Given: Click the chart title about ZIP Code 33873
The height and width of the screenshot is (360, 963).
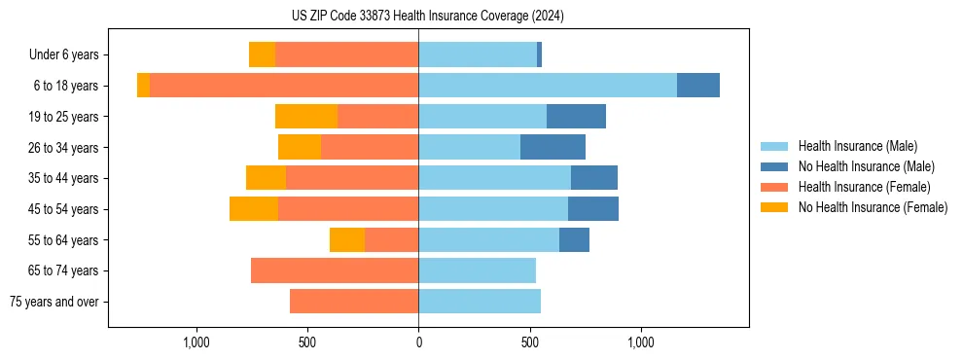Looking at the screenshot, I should pos(427,17).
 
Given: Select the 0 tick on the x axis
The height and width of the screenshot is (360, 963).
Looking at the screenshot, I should pos(418,342).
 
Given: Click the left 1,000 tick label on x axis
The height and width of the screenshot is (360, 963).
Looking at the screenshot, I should pos(196,342).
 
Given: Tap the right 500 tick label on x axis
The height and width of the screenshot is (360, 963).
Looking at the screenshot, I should pos(530,342).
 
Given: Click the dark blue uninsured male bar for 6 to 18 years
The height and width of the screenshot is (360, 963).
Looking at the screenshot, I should pos(697,86).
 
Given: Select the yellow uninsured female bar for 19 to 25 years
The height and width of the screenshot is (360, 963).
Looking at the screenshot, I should pos(306,117).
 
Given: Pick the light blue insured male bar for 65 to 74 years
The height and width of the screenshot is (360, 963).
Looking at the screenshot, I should pos(477,270).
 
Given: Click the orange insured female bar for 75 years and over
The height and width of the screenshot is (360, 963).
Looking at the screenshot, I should pos(354,302).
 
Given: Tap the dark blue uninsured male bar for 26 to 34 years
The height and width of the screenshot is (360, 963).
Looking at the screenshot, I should pos(553,147).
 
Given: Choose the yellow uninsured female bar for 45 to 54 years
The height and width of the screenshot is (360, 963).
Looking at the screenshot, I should pos(254,209).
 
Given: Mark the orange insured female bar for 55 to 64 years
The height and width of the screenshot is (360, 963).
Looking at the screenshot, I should pos(391,239).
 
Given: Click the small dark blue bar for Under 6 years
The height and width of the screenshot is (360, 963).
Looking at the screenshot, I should pos(539,54).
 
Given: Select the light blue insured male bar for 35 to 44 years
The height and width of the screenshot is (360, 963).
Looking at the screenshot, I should pos(494,178).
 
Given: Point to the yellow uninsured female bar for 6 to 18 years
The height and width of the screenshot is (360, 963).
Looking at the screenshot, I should pos(143,86).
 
